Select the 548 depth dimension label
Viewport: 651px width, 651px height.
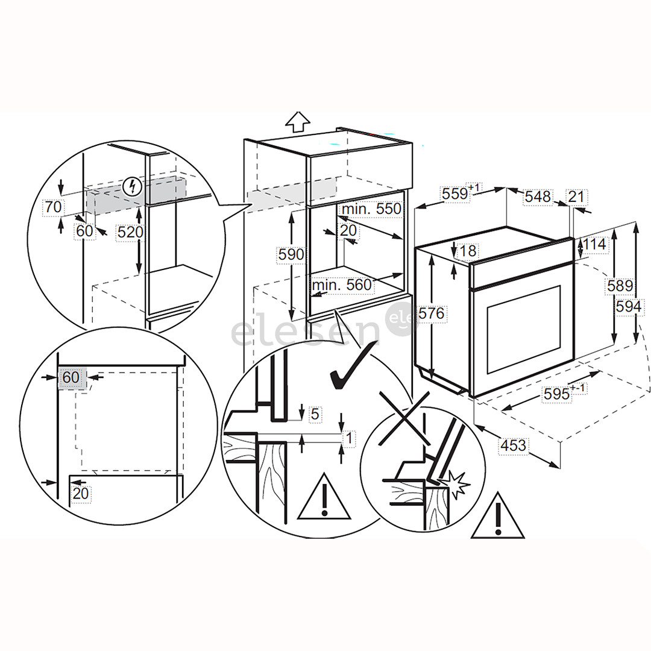tap(538, 197)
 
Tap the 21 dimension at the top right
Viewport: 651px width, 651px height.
tap(576, 196)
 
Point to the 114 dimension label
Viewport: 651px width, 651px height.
tap(594, 245)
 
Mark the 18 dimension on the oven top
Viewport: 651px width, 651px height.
tap(467, 251)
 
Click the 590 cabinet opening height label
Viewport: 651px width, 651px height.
tap(291, 254)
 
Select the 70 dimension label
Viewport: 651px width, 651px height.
tap(53, 207)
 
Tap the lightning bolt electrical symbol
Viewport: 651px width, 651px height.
tap(130, 187)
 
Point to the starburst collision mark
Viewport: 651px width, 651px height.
tap(456, 484)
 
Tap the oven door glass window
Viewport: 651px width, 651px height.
tap(524, 330)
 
